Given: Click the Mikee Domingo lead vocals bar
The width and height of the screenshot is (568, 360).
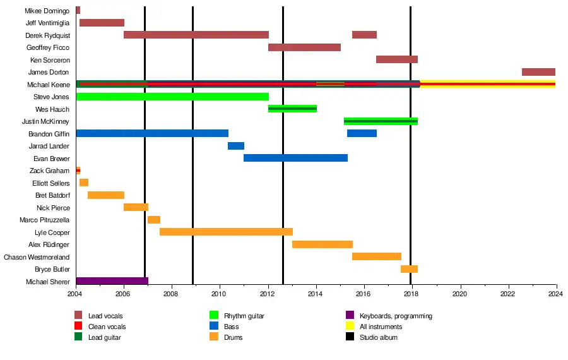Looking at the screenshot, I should (78, 10).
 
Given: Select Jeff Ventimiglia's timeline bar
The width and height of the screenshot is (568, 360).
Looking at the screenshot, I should (102, 23).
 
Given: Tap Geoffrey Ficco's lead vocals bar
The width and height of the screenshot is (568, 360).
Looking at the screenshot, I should (304, 47).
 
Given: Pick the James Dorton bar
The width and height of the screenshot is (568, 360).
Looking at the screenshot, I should (538, 72).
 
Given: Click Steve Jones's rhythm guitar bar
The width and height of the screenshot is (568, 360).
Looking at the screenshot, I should (172, 97).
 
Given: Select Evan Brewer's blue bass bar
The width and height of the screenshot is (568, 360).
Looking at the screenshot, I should (295, 158).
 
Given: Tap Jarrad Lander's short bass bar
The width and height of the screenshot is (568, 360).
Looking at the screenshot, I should (236, 146).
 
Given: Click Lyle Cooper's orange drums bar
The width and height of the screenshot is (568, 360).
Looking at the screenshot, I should (226, 232).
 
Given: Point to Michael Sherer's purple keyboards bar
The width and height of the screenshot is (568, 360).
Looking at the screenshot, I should (112, 281).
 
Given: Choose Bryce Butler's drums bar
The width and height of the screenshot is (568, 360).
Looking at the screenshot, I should (409, 269).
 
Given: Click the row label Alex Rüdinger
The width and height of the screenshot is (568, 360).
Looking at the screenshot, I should (49, 244).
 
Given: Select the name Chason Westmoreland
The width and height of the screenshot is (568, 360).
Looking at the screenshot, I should (37, 257).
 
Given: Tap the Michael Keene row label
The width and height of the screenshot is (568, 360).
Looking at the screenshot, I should (48, 85).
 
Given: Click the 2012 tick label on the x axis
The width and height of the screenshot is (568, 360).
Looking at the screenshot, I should (268, 294).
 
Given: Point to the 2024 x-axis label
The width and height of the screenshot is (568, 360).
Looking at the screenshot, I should (555, 294).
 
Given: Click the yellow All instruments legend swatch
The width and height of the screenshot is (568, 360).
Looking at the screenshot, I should (350, 327).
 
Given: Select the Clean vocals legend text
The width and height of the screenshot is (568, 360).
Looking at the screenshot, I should (107, 327).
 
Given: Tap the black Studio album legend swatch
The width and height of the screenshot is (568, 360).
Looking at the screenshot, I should (350, 337).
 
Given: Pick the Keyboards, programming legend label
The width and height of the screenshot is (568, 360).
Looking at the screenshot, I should (396, 316).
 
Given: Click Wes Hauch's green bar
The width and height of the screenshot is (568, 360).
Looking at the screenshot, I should (292, 109).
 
